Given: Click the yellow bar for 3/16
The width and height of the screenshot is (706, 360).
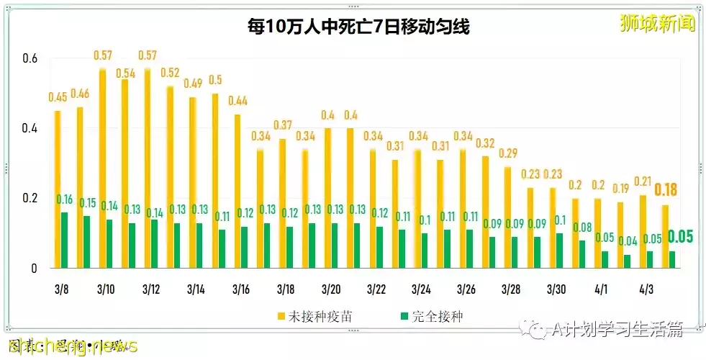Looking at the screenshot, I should (237, 191).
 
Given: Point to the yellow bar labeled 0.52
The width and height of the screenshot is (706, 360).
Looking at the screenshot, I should (170, 176).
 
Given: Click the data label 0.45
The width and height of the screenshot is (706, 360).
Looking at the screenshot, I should (58, 98).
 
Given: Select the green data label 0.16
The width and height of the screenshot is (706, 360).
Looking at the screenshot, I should (65, 199).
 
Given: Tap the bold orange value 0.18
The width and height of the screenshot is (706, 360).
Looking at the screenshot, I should (666, 190).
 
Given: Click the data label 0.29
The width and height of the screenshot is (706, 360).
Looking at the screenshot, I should (508, 153).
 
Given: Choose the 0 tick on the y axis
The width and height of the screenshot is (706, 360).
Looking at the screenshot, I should (33, 269).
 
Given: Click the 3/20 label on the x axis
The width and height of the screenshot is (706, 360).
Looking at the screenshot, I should (331, 289).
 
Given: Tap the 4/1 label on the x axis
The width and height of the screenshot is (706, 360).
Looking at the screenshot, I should (601, 289).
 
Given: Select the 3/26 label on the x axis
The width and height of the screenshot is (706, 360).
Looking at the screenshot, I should (466, 289).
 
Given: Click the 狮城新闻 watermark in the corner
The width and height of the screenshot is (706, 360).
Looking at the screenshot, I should (658, 24).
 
